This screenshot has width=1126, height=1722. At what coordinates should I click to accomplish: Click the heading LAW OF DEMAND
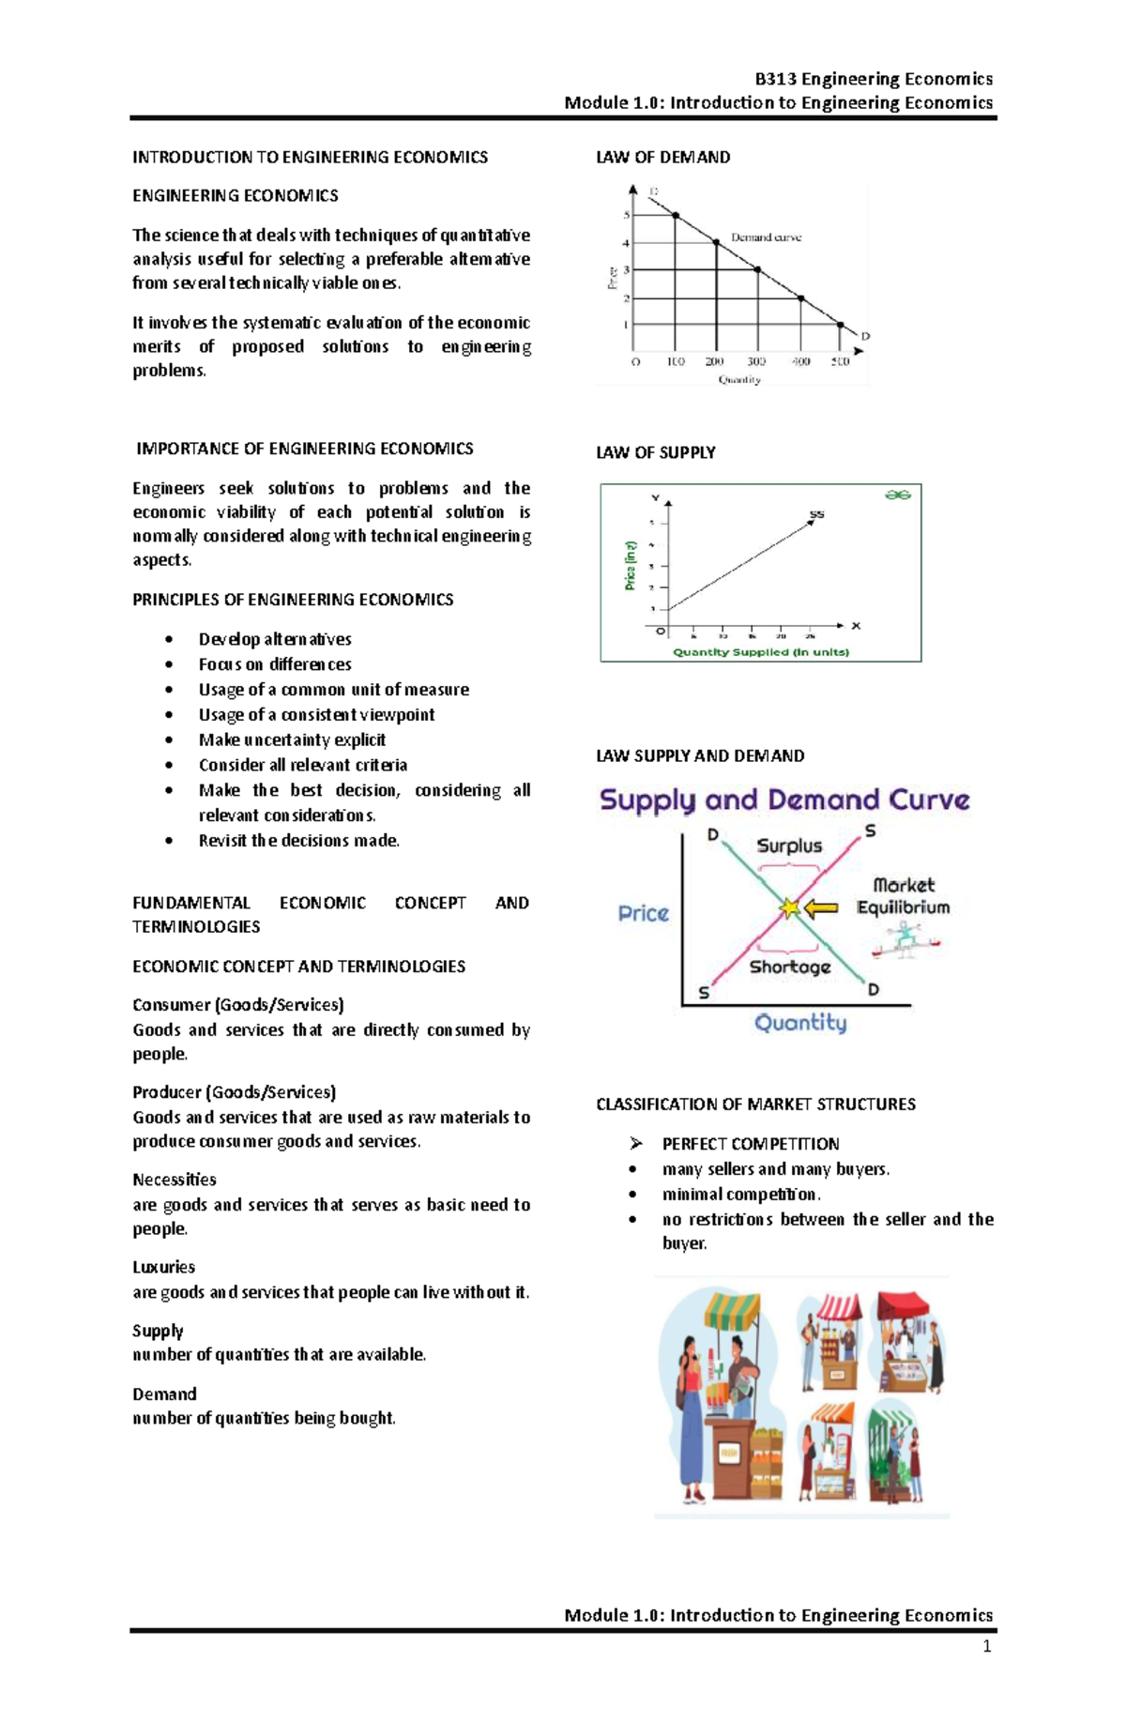pos(662,157)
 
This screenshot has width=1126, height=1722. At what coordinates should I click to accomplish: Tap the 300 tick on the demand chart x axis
pos(756,361)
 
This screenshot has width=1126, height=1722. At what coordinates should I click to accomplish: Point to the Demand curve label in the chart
pos(766,237)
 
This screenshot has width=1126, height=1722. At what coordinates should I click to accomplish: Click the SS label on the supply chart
pos(816,514)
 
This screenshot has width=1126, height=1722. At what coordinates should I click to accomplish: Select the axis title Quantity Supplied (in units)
pos(760,652)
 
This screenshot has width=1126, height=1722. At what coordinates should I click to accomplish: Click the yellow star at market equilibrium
pos(790,907)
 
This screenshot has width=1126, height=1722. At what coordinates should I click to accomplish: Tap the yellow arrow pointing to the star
pos(822,907)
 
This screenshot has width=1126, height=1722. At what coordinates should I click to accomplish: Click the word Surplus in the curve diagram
pos(788,846)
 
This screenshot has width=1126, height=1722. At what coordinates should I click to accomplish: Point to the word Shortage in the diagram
pos(789,967)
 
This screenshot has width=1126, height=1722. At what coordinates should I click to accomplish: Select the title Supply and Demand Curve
pos(784,800)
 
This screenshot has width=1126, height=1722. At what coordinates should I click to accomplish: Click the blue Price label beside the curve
pos(643,913)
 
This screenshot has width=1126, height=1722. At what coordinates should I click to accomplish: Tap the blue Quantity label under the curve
pos(799,1022)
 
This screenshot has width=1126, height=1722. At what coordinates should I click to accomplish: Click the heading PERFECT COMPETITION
pos(750,1143)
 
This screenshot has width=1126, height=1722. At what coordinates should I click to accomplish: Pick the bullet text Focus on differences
pos(274,663)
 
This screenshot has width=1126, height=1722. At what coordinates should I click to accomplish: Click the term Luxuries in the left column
pos(163,1267)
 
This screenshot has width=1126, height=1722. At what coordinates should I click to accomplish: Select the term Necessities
pos(174,1180)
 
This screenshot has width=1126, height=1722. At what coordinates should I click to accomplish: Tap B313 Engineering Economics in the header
pos(873,79)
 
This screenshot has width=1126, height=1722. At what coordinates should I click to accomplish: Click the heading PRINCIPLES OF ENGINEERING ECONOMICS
pos(292,599)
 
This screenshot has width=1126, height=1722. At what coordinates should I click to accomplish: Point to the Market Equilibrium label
pos(903,896)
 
